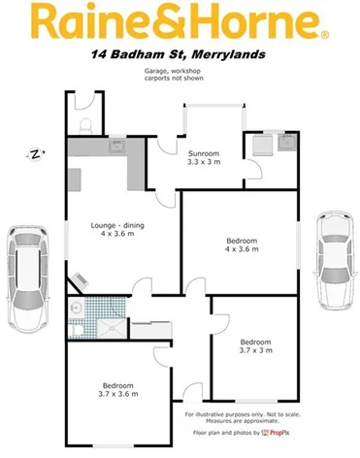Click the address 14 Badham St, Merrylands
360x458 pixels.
180,55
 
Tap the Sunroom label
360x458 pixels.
204,154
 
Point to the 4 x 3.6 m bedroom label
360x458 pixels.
242,245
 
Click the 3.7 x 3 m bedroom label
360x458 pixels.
255,346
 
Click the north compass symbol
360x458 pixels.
34,153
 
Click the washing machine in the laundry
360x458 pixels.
259,146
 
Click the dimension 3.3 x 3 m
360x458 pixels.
204,163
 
